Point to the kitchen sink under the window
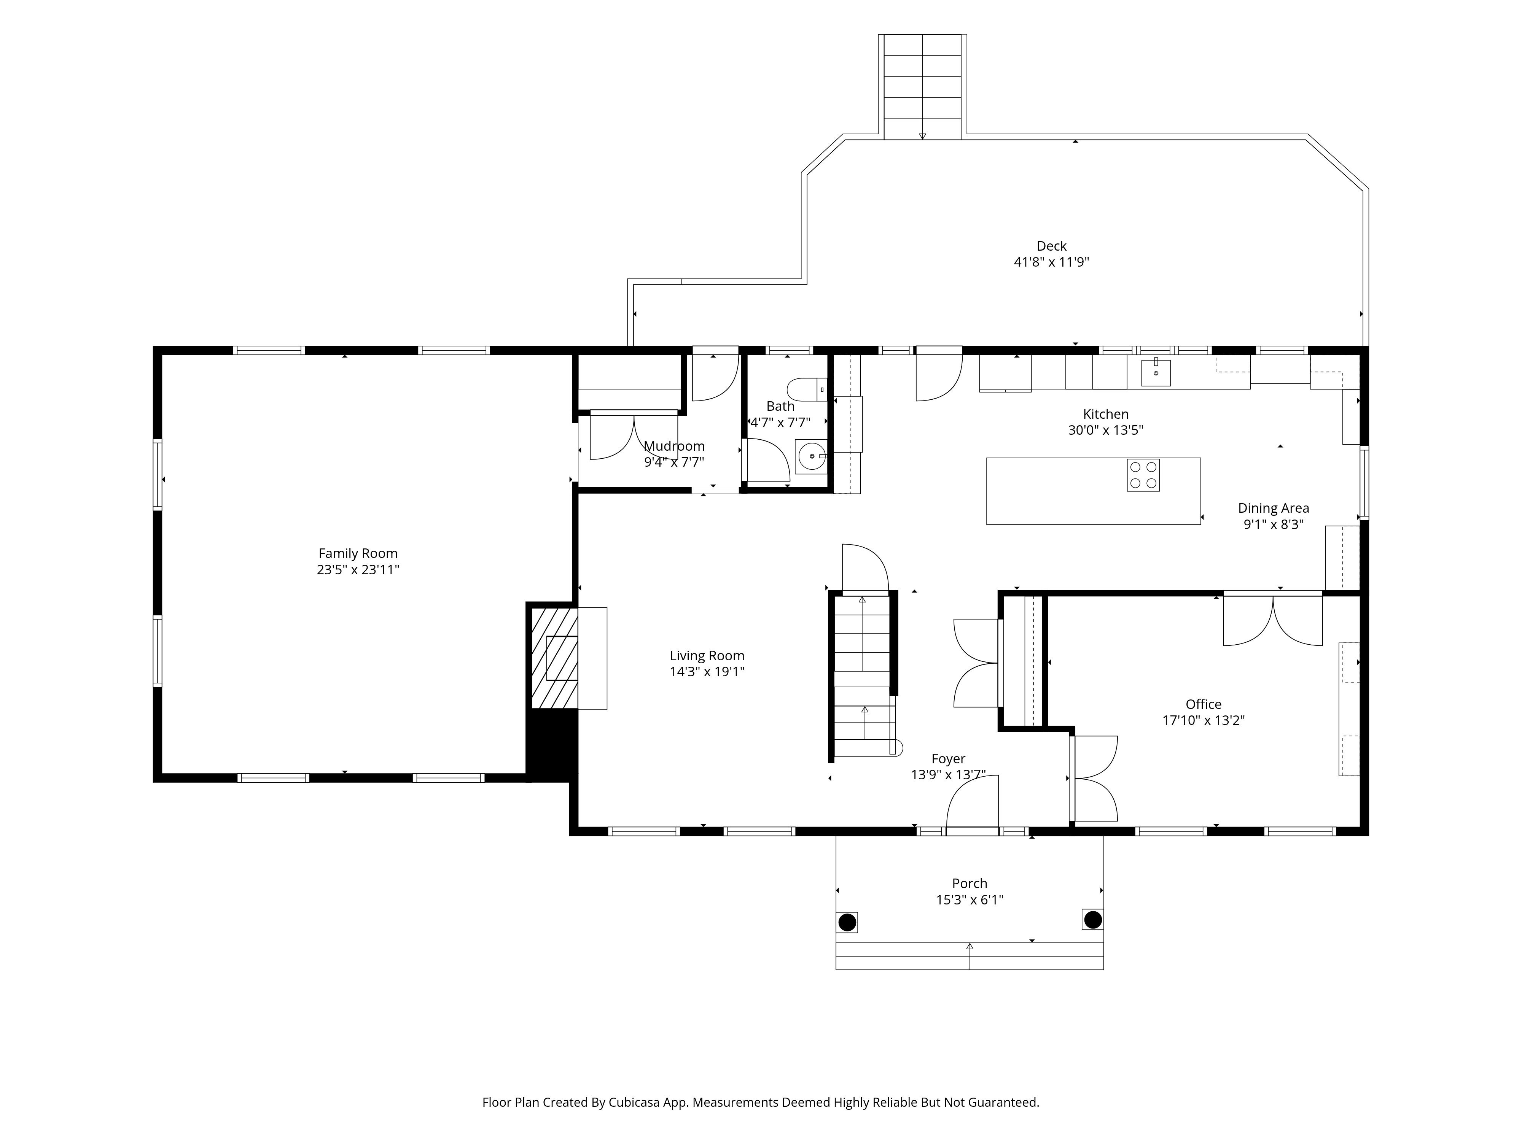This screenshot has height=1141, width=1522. (1156, 373)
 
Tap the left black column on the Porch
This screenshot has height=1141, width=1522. (847, 922)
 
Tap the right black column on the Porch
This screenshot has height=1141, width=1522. (1093, 920)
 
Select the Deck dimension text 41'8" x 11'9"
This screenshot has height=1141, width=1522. (1051, 262)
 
